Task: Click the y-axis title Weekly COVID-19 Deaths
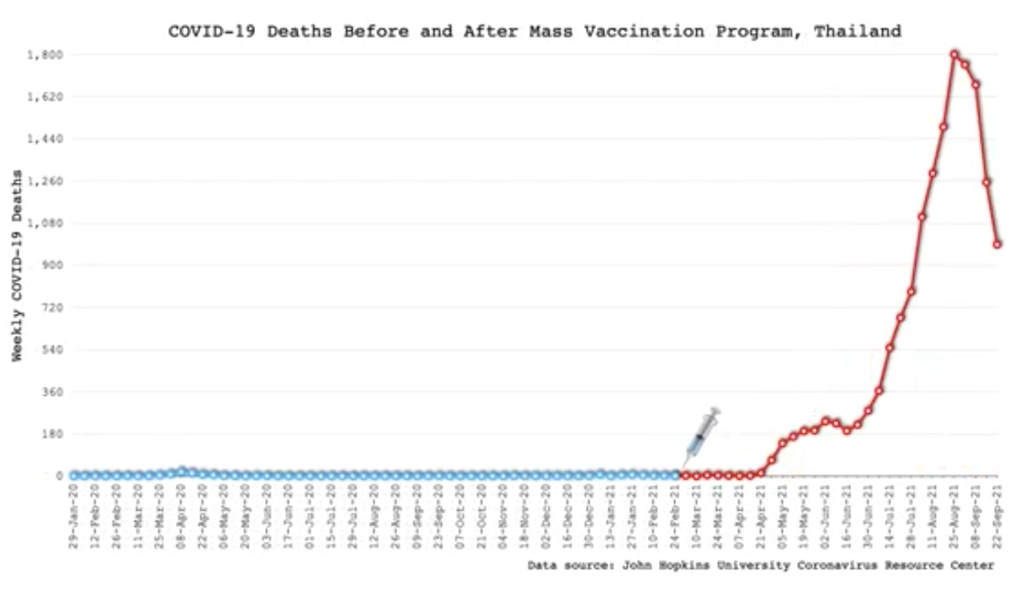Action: coord(18,265)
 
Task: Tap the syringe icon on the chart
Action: coord(701,436)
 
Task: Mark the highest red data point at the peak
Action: coord(954,55)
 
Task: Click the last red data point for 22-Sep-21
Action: coord(997,245)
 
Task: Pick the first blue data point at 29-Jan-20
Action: coord(74,475)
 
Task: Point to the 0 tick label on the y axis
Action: coord(60,475)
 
